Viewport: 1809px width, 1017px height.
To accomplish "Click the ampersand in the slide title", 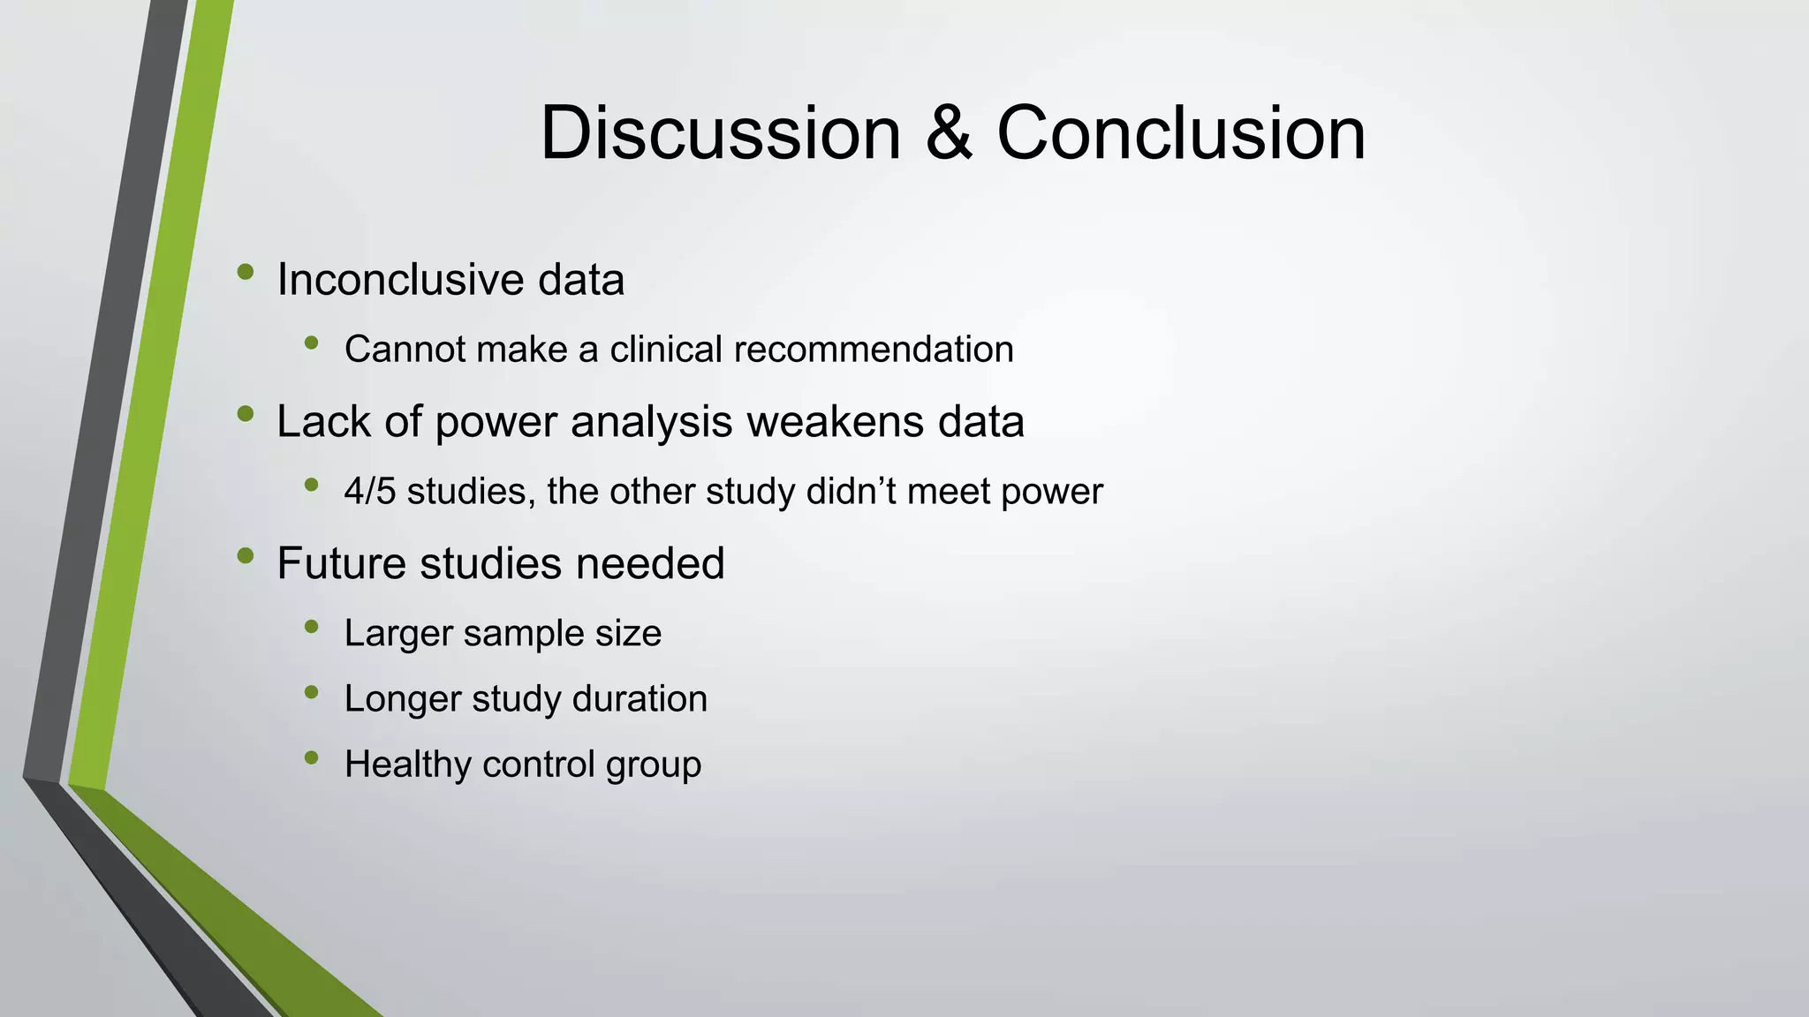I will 949,133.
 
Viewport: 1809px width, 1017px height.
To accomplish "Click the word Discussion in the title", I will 720,133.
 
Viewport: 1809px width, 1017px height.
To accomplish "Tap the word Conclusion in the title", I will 1181,133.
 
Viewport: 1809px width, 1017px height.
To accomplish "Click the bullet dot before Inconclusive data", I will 246,272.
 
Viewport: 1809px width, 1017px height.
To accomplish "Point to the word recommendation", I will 874,350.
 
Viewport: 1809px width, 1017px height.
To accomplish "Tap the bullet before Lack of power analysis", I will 246,413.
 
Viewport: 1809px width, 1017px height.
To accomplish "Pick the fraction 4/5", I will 370,492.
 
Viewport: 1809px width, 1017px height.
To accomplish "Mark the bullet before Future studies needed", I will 246,555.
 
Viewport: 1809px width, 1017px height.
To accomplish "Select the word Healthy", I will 397,765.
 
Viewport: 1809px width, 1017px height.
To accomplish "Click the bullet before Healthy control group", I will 311,757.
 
